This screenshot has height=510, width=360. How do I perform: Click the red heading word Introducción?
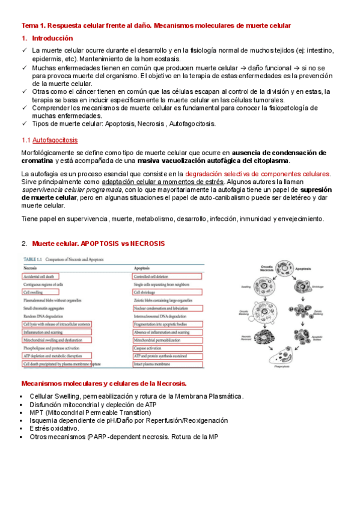click(x=52, y=38)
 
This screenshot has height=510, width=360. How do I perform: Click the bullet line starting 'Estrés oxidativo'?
click(x=54, y=428)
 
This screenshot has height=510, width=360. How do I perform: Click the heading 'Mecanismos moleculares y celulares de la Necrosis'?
click(x=104, y=383)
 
